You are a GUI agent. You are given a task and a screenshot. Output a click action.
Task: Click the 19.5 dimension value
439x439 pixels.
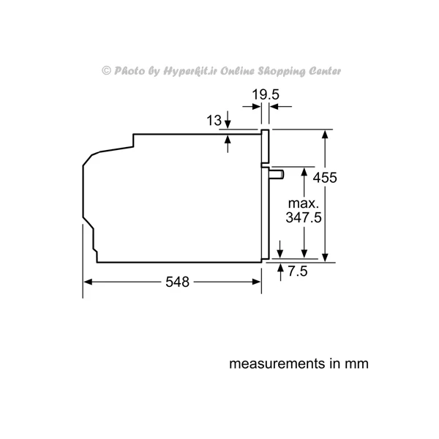[x=266, y=94]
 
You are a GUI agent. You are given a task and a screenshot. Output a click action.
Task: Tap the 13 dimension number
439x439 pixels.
[x=214, y=121]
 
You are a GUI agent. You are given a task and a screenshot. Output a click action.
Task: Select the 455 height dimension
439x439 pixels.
[x=325, y=178]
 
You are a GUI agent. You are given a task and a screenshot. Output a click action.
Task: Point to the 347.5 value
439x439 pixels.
[x=304, y=217]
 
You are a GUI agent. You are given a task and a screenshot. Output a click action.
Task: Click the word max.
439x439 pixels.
[x=304, y=203]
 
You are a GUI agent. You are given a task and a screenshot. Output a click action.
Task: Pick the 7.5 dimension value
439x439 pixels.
[x=298, y=271]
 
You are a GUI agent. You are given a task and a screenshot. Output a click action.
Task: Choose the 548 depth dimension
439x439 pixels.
[x=177, y=282]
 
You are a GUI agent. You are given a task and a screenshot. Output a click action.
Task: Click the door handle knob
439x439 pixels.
[x=277, y=174]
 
